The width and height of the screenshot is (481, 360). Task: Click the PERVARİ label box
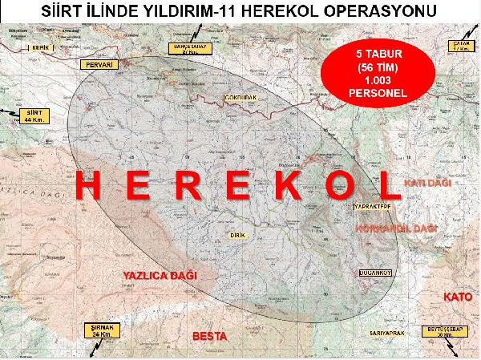[x=99, y=63]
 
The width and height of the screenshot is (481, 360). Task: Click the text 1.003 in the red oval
[x=371, y=82]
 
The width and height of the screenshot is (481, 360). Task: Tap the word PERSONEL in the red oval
[x=371, y=94]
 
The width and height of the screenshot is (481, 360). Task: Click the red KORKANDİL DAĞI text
[x=395, y=229]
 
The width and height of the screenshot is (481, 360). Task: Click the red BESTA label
[x=211, y=334]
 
